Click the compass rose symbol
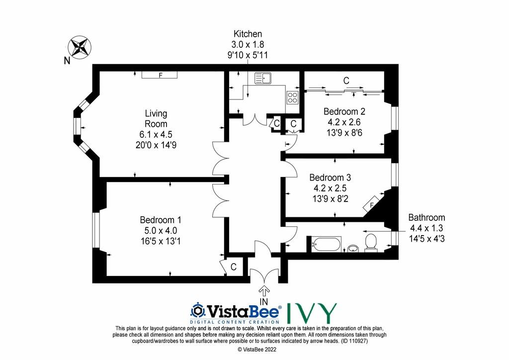click(x=79, y=47)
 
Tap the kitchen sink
click(x=263, y=78)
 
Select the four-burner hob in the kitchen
click(x=292, y=97)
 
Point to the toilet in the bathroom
click(x=371, y=243)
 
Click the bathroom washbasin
click(x=353, y=249)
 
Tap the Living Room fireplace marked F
click(x=160, y=75)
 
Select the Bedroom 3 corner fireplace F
click(x=373, y=204)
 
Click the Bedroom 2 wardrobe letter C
click(x=346, y=80)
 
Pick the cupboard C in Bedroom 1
click(x=234, y=267)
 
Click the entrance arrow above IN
click(x=264, y=290)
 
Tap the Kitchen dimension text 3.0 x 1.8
click(x=248, y=44)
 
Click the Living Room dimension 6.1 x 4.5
click(x=156, y=134)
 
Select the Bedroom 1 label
click(x=161, y=220)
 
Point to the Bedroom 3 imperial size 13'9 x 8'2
click(x=330, y=198)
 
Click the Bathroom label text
click(x=426, y=217)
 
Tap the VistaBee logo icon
click(x=197, y=311)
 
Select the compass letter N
click(x=67, y=60)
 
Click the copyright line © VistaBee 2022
click(x=257, y=350)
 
